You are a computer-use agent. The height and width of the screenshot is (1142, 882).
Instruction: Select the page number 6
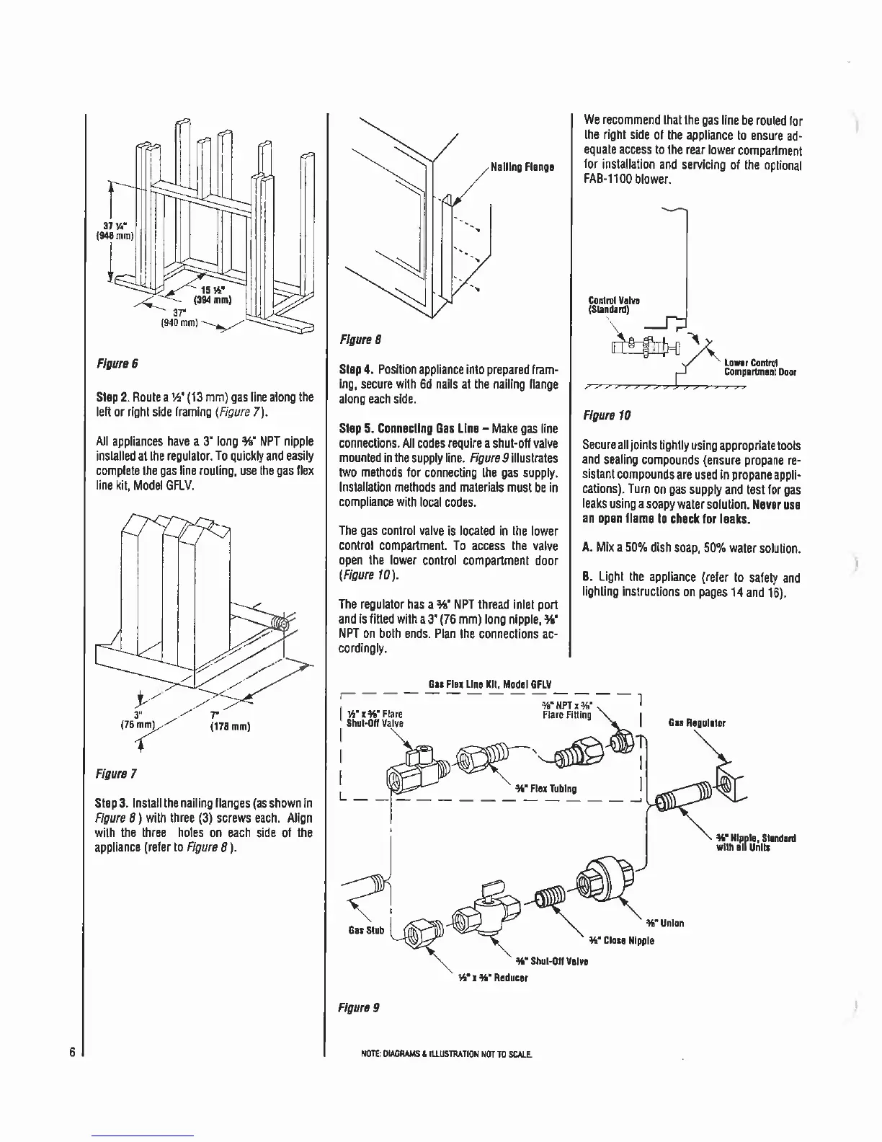point(73,1050)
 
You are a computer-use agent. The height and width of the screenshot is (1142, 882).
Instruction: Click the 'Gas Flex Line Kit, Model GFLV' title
point(490,683)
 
